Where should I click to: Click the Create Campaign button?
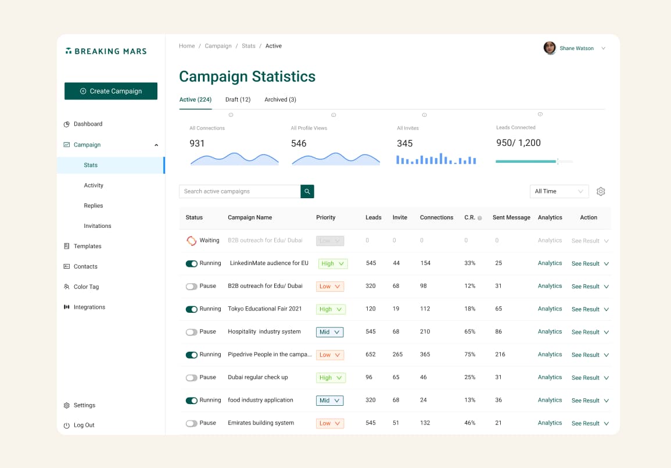(x=111, y=91)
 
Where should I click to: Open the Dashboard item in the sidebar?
(x=88, y=124)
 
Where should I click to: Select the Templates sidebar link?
(x=87, y=246)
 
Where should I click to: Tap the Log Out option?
(x=84, y=426)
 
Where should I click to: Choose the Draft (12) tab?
(x=238, y=100)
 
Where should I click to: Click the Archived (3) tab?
(x=280, y=100)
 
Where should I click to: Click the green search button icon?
(x=307, y=191)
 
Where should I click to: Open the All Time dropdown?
(x=559, y=191)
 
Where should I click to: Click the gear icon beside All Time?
(x=601, y=191)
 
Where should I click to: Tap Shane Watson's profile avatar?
(x=550, y=48)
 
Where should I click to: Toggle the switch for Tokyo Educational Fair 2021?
(x=192, y=309)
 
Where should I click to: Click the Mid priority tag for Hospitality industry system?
(x=330, y=333)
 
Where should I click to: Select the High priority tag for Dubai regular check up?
(x=332, y=378)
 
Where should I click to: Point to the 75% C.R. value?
(x=469, y=355)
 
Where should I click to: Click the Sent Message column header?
(x=511, y=217)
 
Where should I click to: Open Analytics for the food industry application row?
(x=550, y=401)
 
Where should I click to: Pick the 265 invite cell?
(x=397, y=355)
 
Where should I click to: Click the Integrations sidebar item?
(x=89, y=308)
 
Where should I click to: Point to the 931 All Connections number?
(x=197, y=144)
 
